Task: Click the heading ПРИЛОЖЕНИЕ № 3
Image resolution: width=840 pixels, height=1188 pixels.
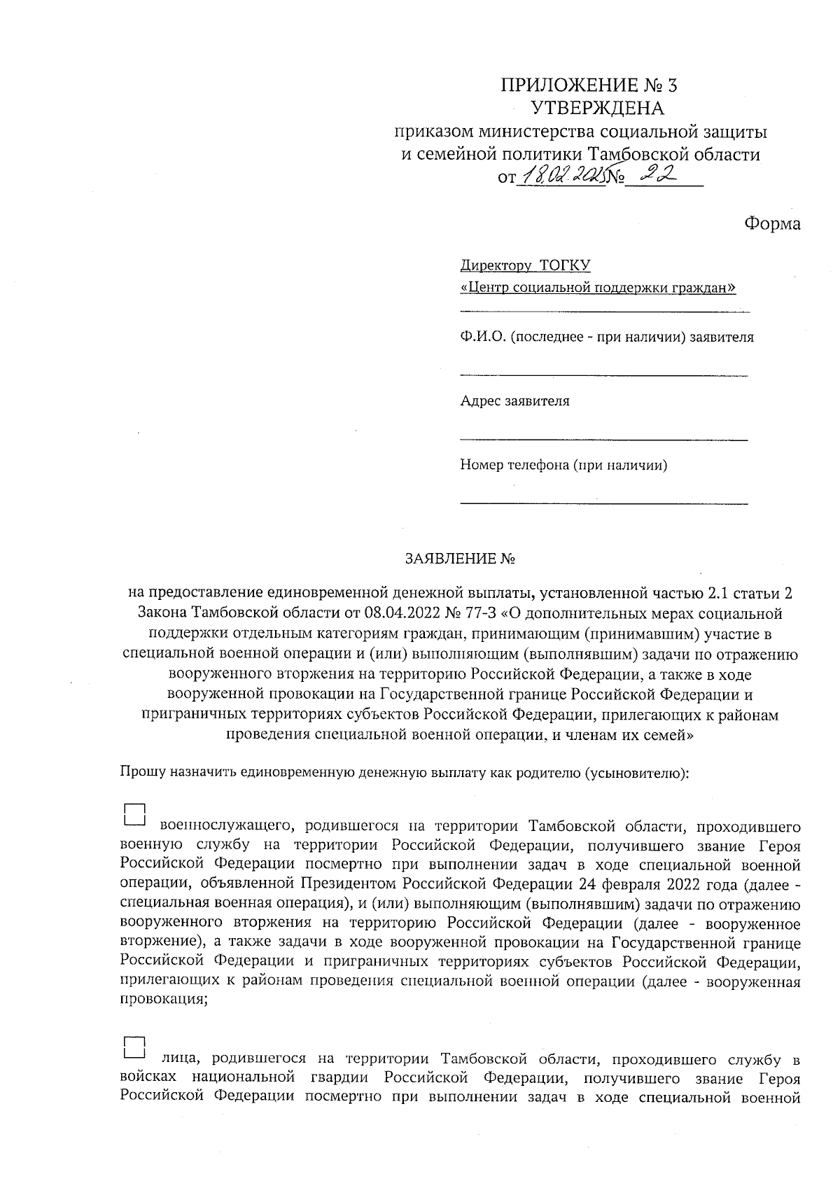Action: coord(589,85)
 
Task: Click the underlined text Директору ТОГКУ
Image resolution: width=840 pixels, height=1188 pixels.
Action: coord(525,265)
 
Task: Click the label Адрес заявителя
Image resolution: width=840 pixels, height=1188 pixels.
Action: coord(514,401)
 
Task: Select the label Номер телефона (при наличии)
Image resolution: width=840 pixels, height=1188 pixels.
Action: coord(563,465)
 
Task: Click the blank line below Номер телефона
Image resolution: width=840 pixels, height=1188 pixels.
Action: coord(603,503)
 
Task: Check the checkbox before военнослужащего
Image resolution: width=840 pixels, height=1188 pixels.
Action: coord(134,813)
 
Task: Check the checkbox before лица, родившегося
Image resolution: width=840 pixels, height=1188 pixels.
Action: coord(134,1047)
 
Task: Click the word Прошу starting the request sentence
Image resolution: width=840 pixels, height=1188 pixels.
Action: coord(143,772)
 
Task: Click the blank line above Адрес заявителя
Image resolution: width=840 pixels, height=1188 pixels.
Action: coord(603,376)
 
